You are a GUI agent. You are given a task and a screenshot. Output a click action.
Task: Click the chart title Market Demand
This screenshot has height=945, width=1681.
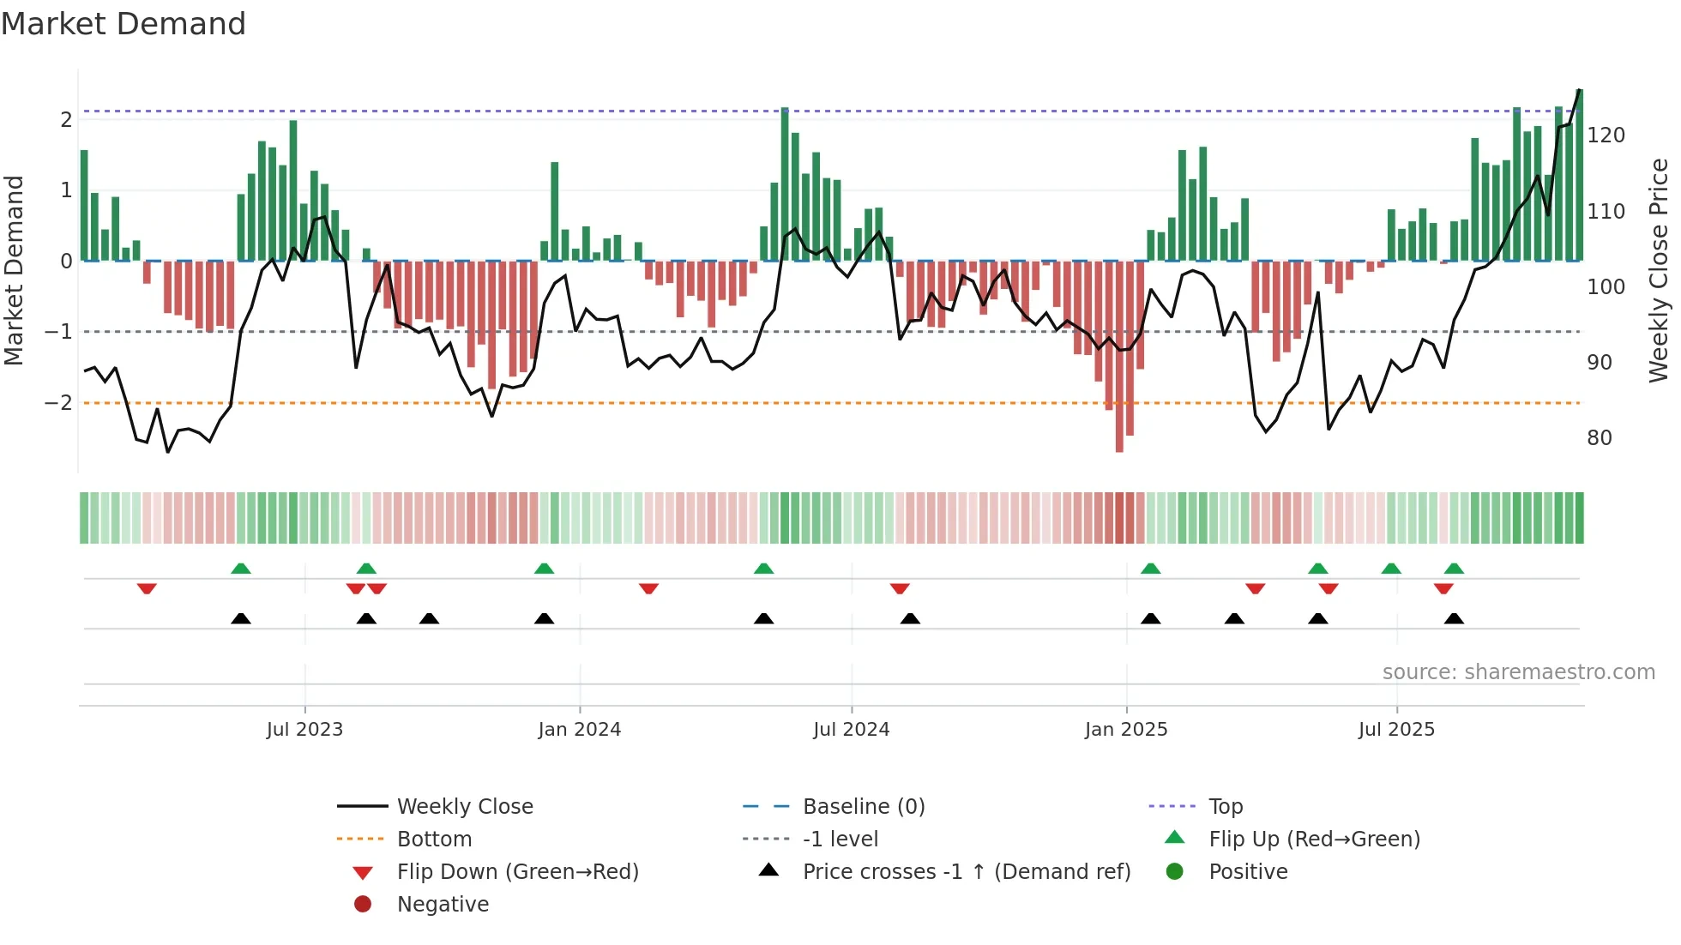124,24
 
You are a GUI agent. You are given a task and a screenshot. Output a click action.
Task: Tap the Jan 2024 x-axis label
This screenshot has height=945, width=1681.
579,730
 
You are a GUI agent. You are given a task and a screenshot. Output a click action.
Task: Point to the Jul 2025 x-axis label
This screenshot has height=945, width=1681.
1396,730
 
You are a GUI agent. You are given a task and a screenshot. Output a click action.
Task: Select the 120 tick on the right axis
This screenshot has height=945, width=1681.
1606,135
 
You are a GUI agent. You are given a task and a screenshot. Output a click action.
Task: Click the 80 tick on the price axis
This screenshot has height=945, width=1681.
1599,438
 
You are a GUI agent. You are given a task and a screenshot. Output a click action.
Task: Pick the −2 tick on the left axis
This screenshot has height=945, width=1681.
58,403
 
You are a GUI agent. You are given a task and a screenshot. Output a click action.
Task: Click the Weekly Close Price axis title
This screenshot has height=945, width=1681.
1659,270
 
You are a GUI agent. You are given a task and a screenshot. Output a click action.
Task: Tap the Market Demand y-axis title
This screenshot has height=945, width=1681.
14,270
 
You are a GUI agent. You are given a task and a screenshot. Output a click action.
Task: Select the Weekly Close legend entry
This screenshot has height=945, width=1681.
464,807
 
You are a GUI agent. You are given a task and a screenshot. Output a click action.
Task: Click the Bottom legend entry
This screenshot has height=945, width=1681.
434,840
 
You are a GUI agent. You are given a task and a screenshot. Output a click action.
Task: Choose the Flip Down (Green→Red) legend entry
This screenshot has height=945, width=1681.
517,872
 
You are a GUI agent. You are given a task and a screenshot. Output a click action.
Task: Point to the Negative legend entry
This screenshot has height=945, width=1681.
443,905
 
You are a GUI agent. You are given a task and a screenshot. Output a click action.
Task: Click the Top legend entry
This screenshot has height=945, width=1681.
1226,807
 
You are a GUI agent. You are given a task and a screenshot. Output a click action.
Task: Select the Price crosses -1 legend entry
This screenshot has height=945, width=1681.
966,872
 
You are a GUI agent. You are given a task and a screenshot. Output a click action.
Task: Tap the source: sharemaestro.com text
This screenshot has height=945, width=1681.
1518,672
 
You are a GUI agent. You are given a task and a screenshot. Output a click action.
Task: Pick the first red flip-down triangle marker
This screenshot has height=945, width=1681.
147,588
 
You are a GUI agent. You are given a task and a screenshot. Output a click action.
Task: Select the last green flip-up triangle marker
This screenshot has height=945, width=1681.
1454,569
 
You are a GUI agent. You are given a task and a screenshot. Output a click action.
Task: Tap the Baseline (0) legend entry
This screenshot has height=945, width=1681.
863,807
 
